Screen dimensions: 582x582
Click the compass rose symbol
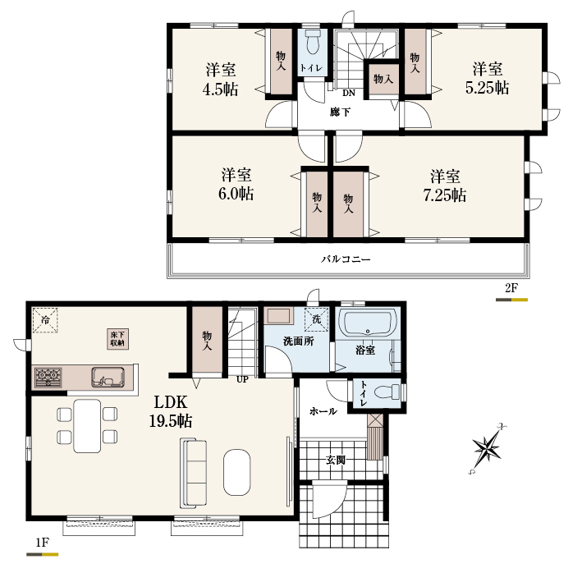coord(487,449)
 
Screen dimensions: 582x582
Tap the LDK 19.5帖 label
coord(171,411)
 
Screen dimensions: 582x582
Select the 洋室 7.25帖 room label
coord(445,186)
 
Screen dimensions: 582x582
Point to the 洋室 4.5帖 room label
coord(221,80)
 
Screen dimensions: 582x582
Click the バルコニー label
coord(346,259)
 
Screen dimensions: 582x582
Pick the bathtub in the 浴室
coord(368,324)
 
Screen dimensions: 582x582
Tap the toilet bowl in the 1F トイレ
coord(387,392)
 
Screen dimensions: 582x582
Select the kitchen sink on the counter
coord(108,377)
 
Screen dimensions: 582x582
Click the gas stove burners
coord(48,377)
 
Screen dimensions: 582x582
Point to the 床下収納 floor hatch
coord(118,339)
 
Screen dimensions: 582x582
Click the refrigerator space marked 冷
coord(45,320)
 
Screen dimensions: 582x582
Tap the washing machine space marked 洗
coord(316,318)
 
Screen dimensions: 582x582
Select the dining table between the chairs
coord(87,426)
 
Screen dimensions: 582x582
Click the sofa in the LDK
coord(193,473)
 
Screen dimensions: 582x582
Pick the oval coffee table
coord(236,472)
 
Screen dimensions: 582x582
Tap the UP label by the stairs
coord(242,379)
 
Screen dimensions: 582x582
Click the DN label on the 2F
coord(349,93)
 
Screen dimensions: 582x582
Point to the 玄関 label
coord(336,460)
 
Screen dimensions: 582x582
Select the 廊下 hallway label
coord(340,112)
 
